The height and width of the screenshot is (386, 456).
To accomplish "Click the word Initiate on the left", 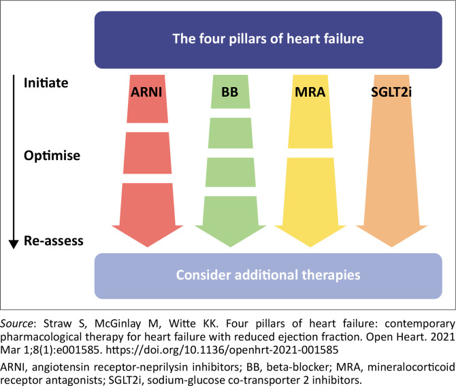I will tap(46, 84).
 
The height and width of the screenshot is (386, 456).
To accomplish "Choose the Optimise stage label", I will tap(52, 155).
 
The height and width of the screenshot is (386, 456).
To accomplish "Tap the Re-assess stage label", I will tap(54, 240).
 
